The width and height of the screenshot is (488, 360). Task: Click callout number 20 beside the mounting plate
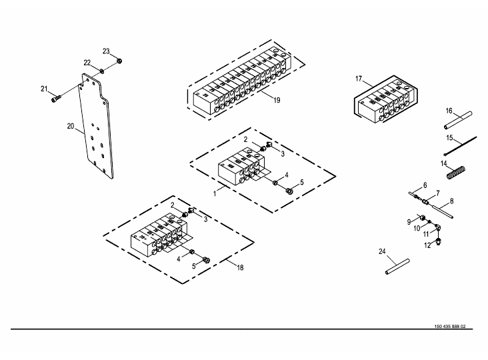pos(70,125)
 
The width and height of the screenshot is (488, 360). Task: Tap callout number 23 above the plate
pos(106,51)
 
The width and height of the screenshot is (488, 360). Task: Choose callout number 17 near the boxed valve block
pos(359,79)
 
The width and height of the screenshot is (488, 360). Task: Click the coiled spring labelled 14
pos(454,175)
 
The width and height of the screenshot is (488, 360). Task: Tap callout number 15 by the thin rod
pos(449,138)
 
